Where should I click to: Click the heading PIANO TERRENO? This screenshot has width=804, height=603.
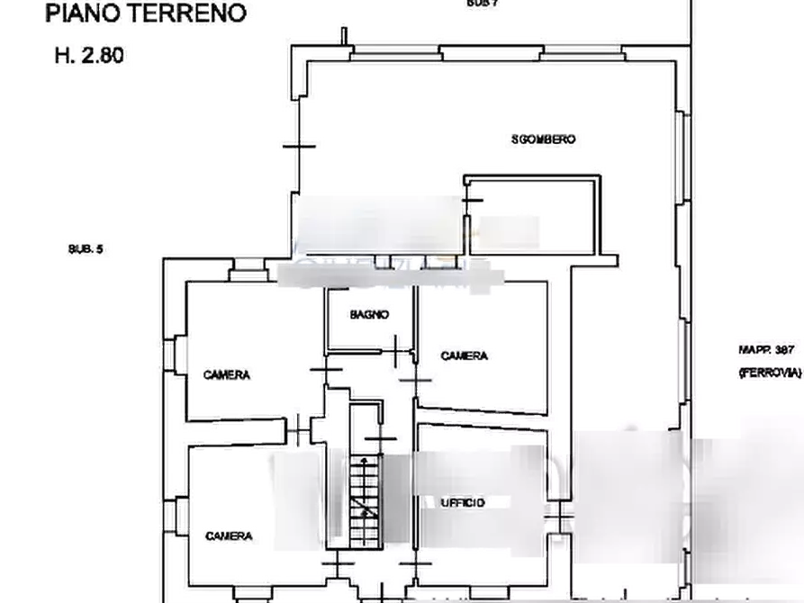tap(147, 13)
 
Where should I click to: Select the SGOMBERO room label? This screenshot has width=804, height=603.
tap(543, 139)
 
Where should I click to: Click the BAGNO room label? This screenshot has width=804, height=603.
tap(370, 314)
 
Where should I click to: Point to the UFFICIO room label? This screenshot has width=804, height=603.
tap(463, 502)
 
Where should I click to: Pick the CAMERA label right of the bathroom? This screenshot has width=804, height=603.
tap(464, 356)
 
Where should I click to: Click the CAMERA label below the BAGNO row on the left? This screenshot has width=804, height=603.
tap(225, 374)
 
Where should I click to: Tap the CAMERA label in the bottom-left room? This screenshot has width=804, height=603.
tap(229, 535)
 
